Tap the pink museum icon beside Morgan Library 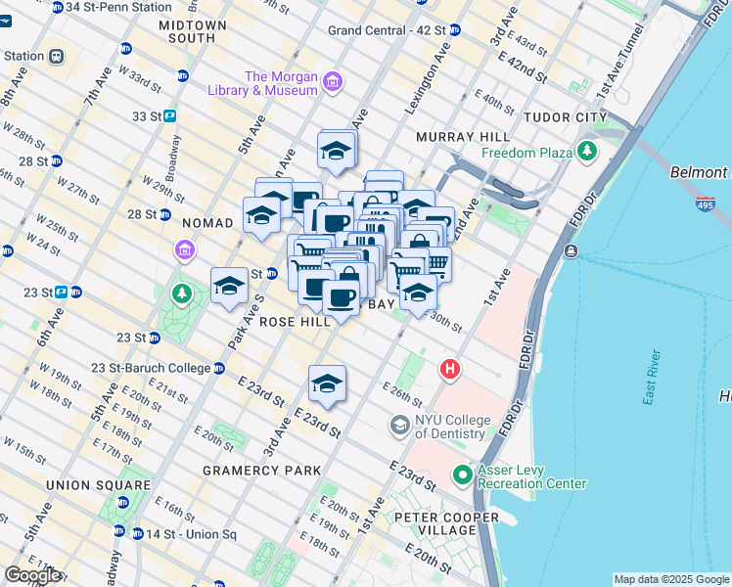(333, 81)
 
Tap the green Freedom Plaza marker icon (587, 151)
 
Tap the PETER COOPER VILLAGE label (447, 523)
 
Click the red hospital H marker (449, 369)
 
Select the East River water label (662, 390)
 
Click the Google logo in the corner (31, 575)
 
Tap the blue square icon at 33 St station (169, 116)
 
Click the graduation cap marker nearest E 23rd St (327, 384)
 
